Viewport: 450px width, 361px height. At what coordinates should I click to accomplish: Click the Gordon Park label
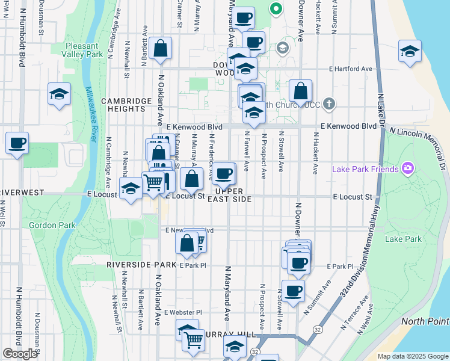(44, 225)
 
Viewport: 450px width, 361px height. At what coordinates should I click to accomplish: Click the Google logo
(20, 354)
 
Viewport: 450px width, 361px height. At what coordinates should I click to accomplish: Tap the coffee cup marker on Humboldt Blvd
(17, 143)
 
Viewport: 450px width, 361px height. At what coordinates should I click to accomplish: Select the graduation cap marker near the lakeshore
(410, 51)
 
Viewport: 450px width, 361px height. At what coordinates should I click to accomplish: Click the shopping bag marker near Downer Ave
(300, 91)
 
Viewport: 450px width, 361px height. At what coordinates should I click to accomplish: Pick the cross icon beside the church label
(328, 104)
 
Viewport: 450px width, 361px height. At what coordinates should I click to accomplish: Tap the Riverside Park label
(141, 265)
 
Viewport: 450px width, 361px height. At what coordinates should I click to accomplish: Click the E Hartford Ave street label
(351, 69)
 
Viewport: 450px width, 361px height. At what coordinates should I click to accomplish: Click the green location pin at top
(276, 8)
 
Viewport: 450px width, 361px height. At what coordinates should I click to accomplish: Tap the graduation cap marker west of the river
(59, 94)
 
